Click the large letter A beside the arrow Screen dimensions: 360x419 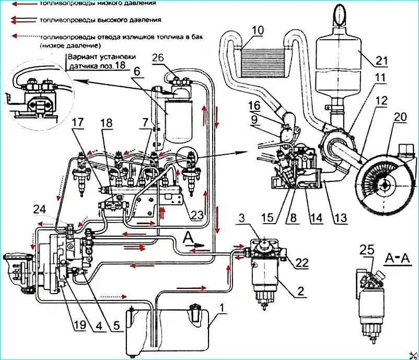tap(188, 237)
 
